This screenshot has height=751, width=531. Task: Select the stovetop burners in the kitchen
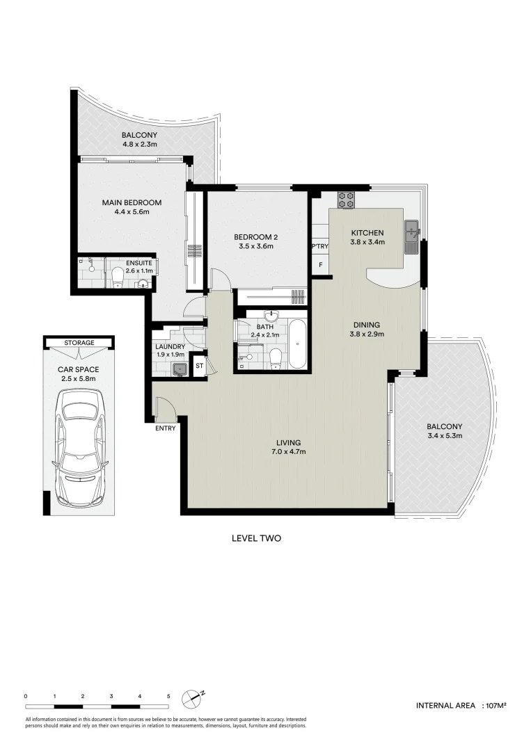[346, 200]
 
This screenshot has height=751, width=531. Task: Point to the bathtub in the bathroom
[297, 344]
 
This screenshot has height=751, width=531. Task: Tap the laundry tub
[180, 369]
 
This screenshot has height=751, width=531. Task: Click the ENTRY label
[166, 428]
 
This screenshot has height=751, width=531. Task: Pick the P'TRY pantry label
[320, 246]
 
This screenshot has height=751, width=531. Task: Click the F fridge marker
[320, 265]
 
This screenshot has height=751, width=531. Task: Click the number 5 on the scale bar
[168, 696]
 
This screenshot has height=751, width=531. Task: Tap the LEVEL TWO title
[256, 538]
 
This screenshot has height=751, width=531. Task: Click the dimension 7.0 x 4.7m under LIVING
[288, 452]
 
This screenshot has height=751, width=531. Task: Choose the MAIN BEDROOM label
[132, 202]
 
